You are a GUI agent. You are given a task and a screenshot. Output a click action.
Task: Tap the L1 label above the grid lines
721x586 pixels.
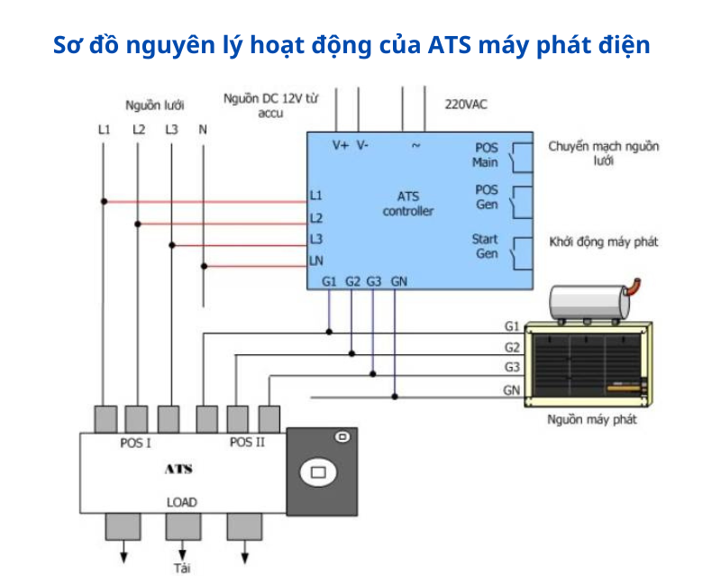(104, 129)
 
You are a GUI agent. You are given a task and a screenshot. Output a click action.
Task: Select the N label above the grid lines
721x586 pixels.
(203, 129)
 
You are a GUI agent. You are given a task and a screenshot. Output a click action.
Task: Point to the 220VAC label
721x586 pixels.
(466, 105)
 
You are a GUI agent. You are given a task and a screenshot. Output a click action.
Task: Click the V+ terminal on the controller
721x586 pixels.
(341, 145)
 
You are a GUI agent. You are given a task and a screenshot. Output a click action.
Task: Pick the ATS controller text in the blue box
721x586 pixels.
(408, 204)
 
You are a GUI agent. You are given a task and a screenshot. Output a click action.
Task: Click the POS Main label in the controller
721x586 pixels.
(485, 155)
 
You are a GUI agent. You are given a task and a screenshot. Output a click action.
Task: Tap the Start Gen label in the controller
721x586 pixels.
(485, 246)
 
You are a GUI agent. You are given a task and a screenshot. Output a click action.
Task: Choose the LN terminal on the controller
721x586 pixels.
(317, 261)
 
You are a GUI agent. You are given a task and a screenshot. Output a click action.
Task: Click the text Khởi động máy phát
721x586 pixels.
(603, 243)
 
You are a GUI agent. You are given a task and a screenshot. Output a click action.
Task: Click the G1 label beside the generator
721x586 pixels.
(512, 325)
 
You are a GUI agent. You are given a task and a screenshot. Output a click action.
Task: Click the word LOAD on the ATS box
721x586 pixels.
(181, 502)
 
